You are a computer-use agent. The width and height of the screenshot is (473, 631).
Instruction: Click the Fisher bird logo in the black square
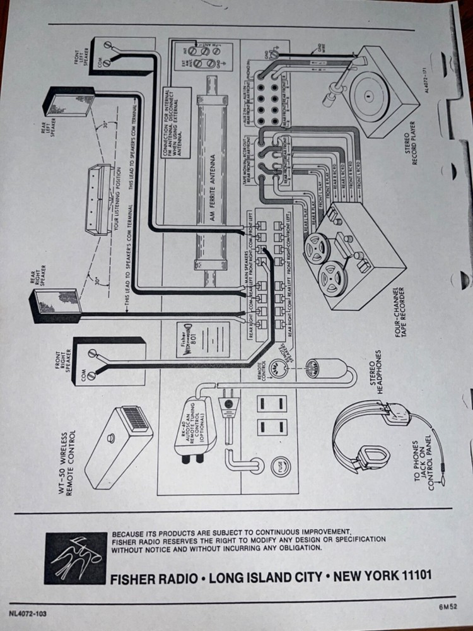75,558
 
